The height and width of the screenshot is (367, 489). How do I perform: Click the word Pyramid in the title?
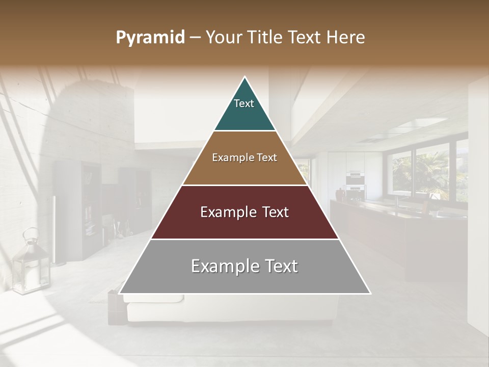150,38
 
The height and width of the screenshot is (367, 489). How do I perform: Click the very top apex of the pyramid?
245,77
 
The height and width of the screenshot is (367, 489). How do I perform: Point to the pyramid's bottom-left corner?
120,293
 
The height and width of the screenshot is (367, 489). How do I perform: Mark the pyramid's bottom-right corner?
370,293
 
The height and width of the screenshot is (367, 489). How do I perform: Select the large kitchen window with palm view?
428,171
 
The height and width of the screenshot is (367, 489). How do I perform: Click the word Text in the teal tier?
244,103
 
